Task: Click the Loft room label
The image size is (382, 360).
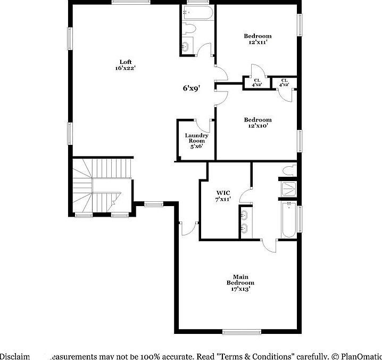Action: pyautogui.click(x=126, y=62)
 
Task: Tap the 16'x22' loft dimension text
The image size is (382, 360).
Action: pyautogui.click(x=126, y=69)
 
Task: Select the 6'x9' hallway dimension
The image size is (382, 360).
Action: pyautogui.click(x=191, y=89)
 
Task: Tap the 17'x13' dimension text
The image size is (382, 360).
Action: pyautogui.click(x=240, y=289)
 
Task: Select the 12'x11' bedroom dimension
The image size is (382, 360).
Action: pyautogui.click(x=258, y=43)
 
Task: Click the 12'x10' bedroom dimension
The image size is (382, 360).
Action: pyautogui.click(x=258, y=126)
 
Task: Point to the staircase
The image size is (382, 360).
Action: pyautogui.click(x=101, y=186)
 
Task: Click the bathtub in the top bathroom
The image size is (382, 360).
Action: pyautogui.click(x=198, y=13)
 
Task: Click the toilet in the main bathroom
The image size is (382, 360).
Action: pyautogui.click(x=289, y=170)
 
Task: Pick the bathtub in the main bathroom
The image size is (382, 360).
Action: pyautogui.click(x=288, y=219)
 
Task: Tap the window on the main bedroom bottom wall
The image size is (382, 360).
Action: pyautogui.click(x=242, y=332)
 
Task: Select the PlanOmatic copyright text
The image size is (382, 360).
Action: pyautogui.click(x=356, y=356)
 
